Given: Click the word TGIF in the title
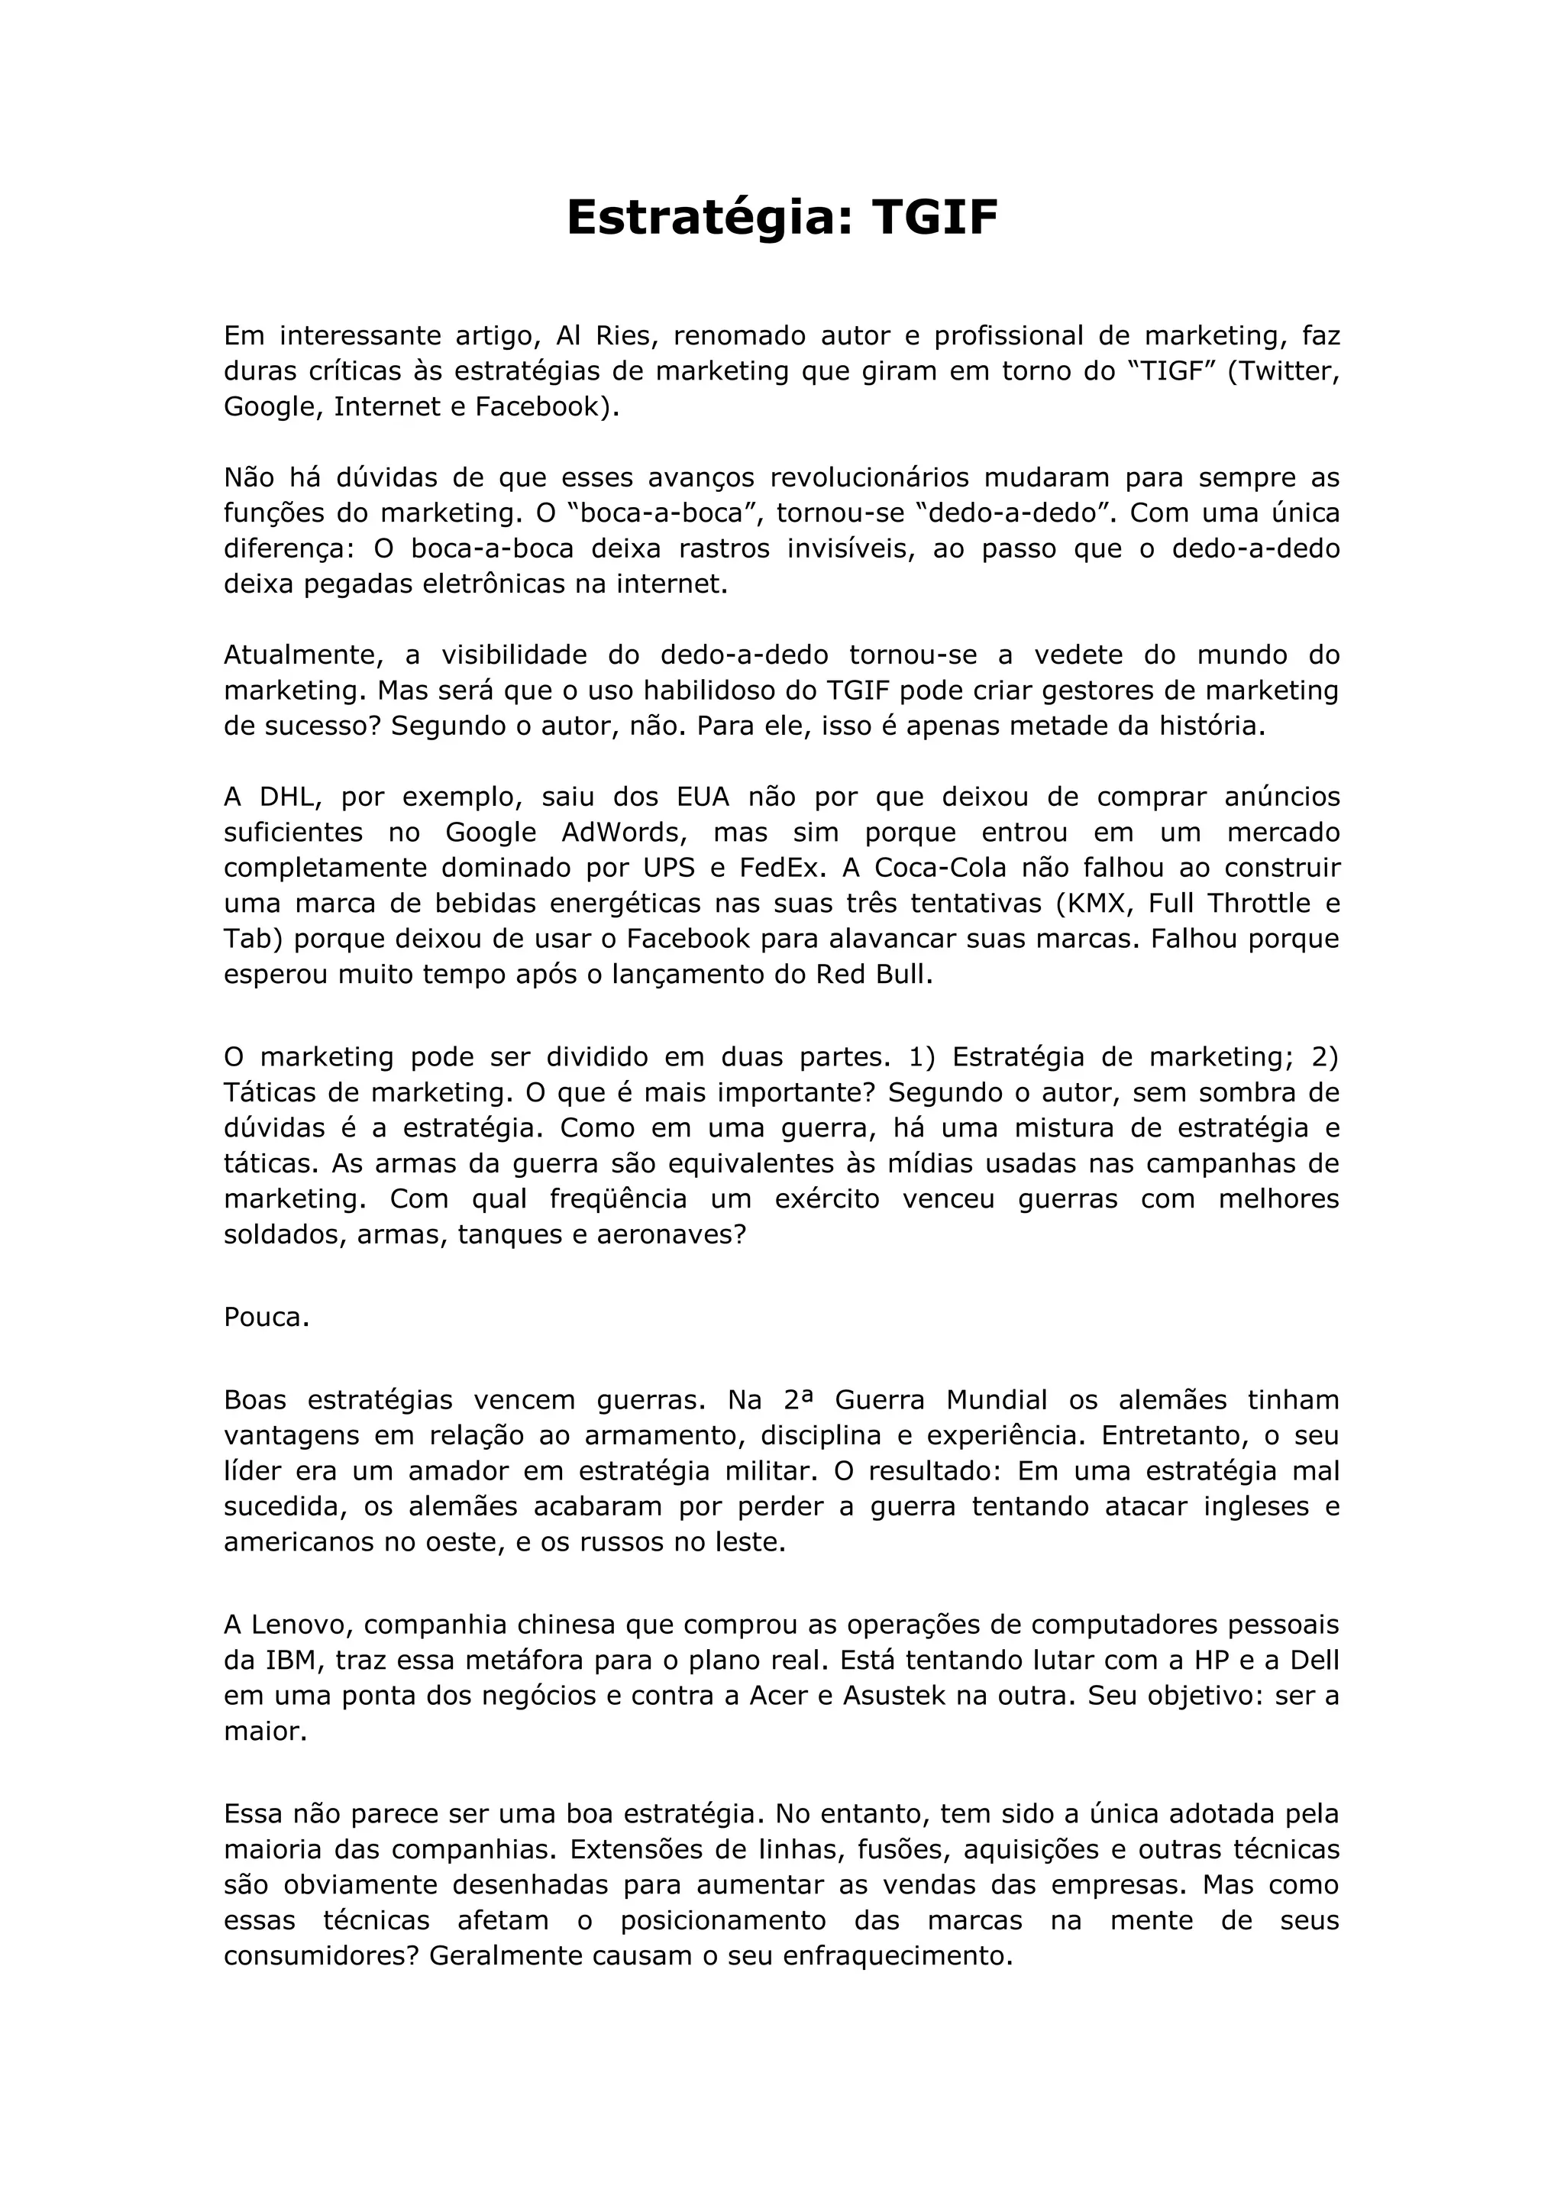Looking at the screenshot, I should [x=934, y=218].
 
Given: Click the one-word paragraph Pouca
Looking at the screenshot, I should [x=267, y=1317].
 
